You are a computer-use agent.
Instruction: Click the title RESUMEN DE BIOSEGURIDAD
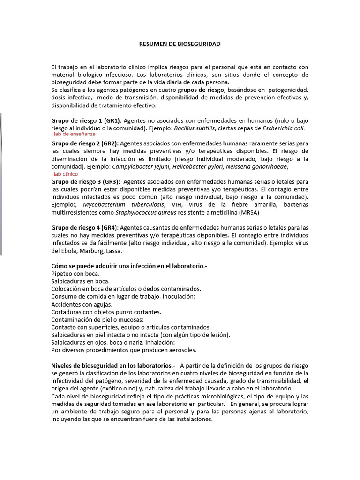click(180, 44)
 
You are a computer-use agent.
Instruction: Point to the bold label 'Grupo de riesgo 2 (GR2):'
click(85, 143)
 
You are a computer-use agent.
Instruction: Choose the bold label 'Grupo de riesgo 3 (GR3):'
click(85, 181)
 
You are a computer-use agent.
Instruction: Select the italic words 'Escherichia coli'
click(283, 128)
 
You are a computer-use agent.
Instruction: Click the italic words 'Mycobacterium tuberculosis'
click(124, 204)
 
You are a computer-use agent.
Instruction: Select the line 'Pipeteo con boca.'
click(75, 273)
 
